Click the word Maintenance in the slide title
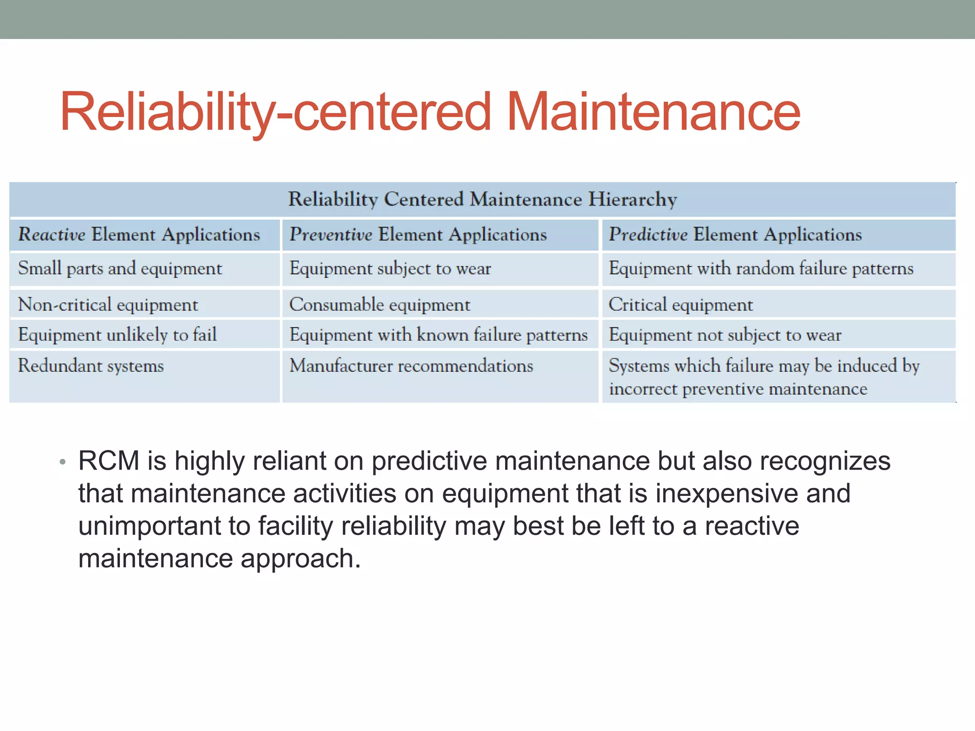coord(653,112)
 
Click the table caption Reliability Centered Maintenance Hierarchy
coord(482,199)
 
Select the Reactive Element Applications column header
coord(139,235)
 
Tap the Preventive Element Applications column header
coord(418,235)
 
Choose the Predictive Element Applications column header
coord(735,235)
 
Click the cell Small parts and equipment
coord(120,269)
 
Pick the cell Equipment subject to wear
coord(390,269)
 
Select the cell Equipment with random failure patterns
coord(761,269)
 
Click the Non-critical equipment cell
coord(108,305)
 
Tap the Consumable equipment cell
coord(379,305)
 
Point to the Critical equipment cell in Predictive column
coord(681,305)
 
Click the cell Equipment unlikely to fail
coord(118,335)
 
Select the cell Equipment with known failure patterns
coord(438,335)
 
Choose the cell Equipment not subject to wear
coord(725,335)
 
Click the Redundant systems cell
coord(91,366)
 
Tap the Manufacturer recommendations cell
coord(411,366)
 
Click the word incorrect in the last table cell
coord(643,389)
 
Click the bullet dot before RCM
coord(62,462)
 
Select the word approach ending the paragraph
coord(300,559)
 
